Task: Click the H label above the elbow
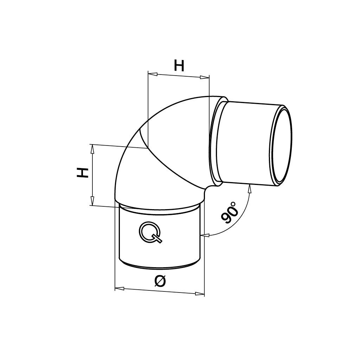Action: click(x=179, y=66)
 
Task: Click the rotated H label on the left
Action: click(x=83, y=173)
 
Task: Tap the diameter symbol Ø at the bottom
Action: click(x=160, y=281)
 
